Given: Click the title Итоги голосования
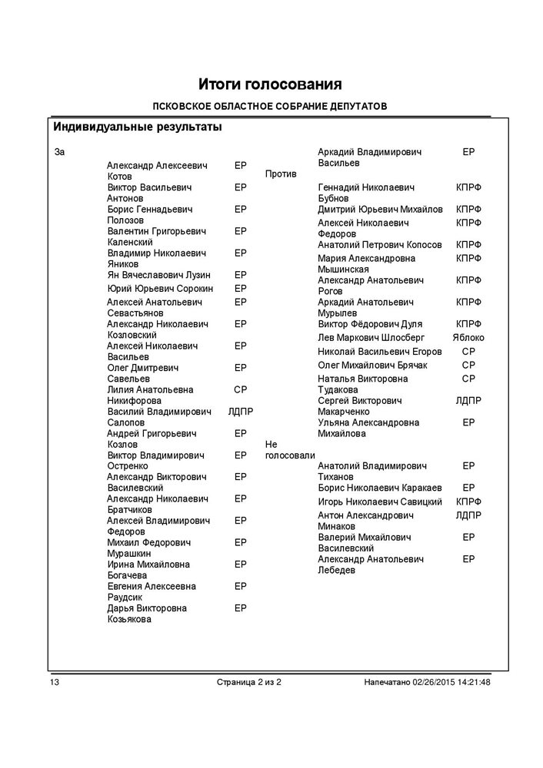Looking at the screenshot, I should (270, 84).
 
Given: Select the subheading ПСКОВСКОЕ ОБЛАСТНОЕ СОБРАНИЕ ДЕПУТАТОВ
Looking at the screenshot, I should (270, 106).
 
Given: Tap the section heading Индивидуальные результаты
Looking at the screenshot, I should (138, 127).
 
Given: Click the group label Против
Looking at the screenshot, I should (281, 174).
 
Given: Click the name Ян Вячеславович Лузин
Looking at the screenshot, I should (159, 275).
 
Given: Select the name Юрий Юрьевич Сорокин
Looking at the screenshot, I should (160, 289).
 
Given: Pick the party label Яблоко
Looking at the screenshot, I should (468, 337).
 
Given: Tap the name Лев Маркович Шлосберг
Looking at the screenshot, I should (371, 337).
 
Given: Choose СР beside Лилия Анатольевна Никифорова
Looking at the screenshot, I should (240, 389).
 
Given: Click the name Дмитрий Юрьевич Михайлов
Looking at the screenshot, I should (380, 210).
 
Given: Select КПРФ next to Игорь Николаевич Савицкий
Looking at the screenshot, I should (468, 502).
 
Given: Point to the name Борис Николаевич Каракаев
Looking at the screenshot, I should (380, 488).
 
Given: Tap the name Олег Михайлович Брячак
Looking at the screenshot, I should (372, 365).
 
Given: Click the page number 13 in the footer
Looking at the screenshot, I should (55, 683).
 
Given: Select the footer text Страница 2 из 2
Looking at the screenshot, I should (249, 683).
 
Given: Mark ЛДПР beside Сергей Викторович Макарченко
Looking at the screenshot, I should (468, 401).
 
